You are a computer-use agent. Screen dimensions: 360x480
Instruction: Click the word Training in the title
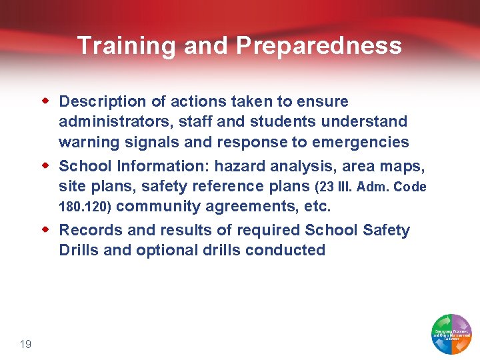pos(127,45)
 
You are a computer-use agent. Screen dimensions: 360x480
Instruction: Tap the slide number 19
pos(26,344)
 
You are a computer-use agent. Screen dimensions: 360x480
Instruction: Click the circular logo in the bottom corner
pos(451,333)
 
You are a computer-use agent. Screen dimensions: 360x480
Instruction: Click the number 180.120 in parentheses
pos(84,208)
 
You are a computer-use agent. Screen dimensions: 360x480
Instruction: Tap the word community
pos(161,207)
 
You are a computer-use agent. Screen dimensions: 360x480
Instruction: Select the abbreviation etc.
pos(317,207)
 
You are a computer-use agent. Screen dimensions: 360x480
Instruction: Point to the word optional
pos(166,251)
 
